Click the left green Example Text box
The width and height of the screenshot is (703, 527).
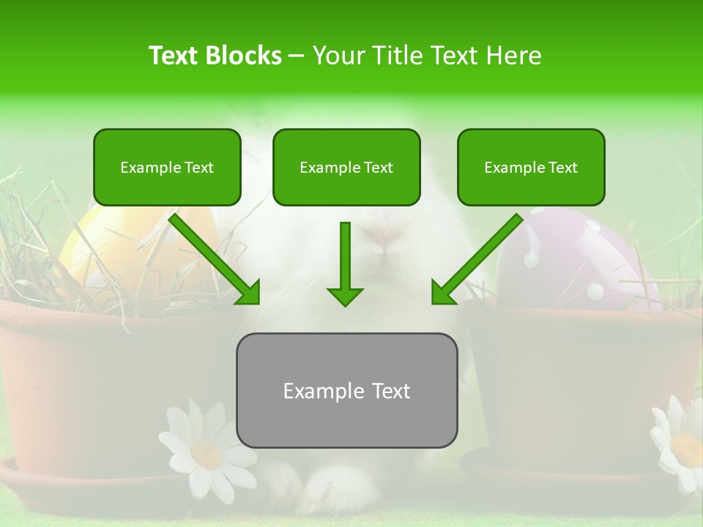(167, 167)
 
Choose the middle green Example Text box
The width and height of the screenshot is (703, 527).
(346, 167)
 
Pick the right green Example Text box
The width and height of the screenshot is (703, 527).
(531, 167)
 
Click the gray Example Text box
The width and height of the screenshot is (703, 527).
(346, 390)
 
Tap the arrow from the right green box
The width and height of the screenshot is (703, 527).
(476, 259)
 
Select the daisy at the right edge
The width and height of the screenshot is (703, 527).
(681, 439)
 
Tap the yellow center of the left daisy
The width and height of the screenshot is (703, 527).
(206, 454)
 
